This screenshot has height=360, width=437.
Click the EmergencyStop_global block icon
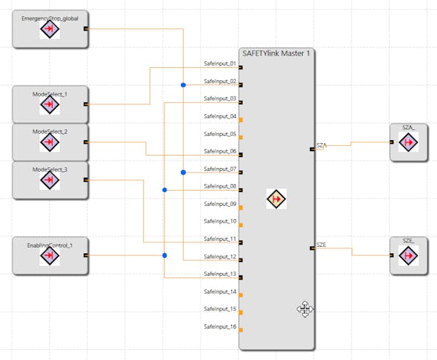(50, 28)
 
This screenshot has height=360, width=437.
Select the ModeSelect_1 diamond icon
(50, 104)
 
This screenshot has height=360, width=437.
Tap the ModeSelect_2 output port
(86, 142)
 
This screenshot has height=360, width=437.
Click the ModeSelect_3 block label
(50, 169)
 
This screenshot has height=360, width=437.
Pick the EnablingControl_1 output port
(86, 255)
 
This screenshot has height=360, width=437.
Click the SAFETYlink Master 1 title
(276, 53)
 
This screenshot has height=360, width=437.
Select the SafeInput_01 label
(220, 64)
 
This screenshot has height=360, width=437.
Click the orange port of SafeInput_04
(241, 120)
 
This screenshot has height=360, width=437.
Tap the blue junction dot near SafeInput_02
(183, 85)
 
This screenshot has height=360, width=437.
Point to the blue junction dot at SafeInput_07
(183, 172)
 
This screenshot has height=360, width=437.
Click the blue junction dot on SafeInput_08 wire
(165, 190)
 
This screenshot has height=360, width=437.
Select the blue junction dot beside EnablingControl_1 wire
(165, 255)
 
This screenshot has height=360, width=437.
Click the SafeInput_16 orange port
(241, 330)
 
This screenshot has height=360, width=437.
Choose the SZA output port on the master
(312, 150)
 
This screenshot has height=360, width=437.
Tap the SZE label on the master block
(321, 245)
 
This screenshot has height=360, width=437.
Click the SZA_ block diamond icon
(409, 142)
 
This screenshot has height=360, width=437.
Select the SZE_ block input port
(392, 255)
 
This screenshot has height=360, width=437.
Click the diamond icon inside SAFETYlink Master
(276, 199)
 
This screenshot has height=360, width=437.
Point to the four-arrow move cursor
(305, 309)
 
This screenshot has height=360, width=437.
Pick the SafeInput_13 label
(220, 274)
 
